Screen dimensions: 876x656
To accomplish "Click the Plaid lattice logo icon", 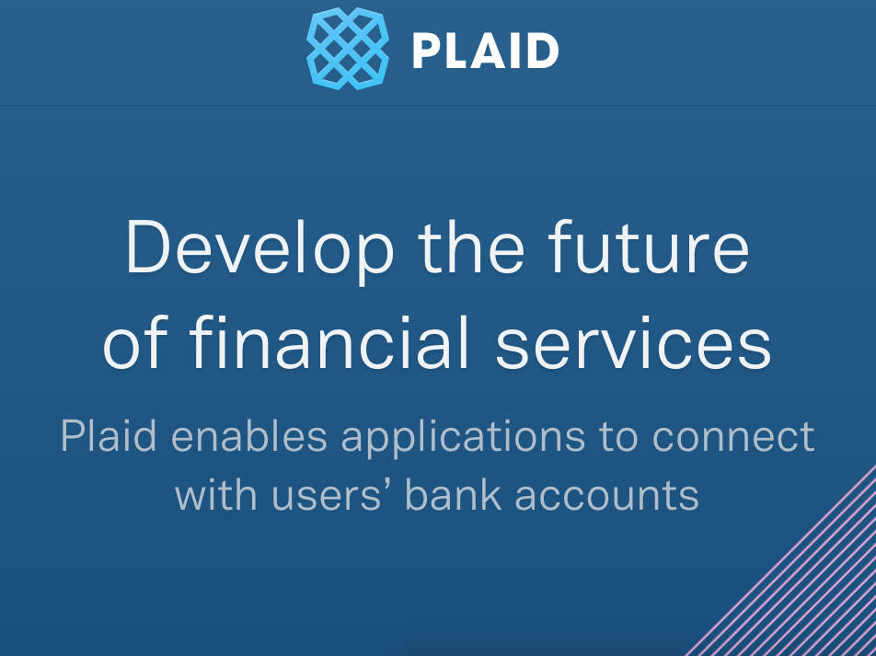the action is pos(348,49).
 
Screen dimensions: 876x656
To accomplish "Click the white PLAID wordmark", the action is pos(486,51).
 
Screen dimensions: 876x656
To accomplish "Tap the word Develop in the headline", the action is pos(260,248).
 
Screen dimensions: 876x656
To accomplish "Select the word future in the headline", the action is pos(649,247).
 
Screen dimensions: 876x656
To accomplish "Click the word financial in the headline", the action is pos(329,341).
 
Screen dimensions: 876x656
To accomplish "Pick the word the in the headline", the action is pos(471,247).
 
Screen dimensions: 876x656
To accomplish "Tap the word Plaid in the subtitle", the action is pos(109,435).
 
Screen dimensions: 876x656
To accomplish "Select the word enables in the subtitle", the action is pos(249,435).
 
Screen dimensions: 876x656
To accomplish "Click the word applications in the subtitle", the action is pos(463,438).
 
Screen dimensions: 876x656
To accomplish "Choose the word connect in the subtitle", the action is pos(733,436).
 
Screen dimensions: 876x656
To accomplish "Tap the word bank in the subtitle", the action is pos(453,494).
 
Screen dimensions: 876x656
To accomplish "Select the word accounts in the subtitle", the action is pos(606,496).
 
